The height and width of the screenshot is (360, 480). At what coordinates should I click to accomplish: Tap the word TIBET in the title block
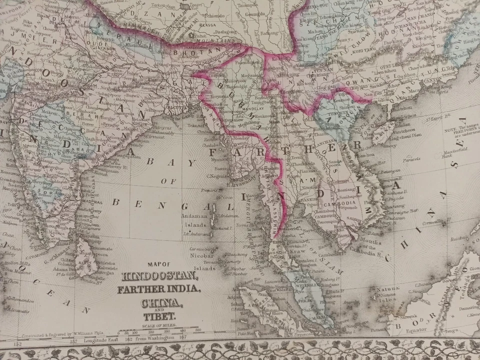pyautogui.click(x=159, y=316)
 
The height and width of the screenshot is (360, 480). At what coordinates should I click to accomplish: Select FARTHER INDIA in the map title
pyautogui.click(x=158, y=290)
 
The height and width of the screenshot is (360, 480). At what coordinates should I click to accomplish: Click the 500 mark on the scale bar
pyautogui.click(x=198, y=330)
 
